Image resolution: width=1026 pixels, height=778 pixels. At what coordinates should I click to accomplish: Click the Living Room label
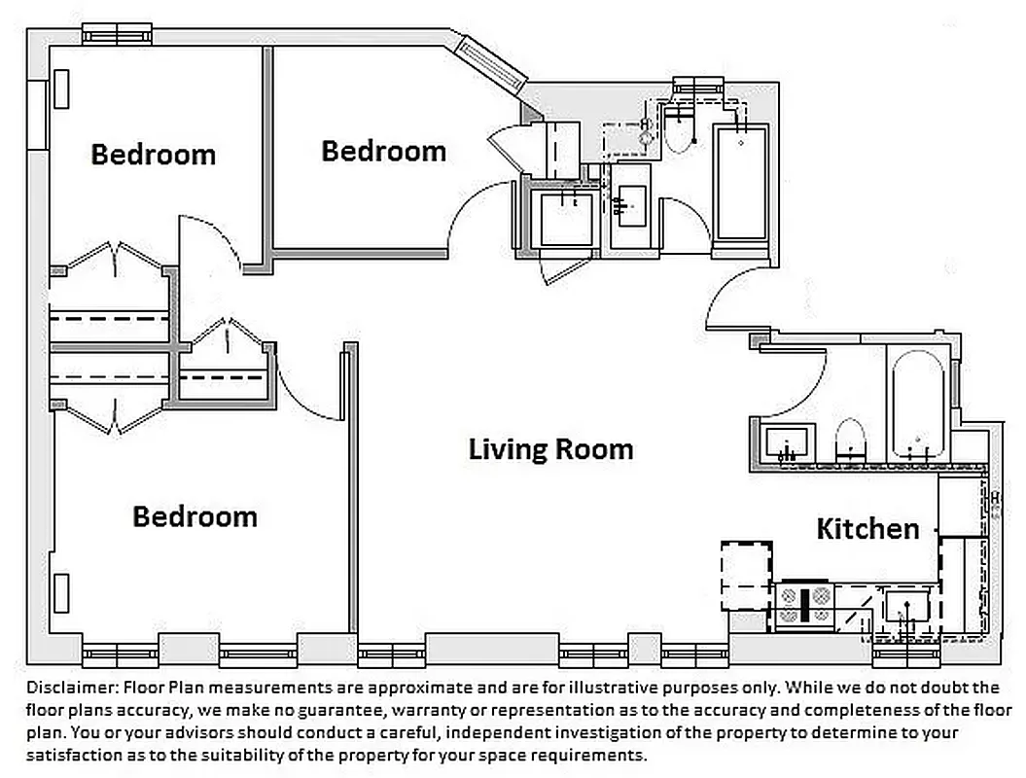550,449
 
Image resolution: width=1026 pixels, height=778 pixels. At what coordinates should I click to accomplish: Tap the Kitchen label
867,528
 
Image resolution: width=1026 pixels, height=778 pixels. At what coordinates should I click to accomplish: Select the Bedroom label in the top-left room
153,155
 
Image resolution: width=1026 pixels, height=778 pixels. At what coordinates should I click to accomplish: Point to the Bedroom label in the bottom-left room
195,515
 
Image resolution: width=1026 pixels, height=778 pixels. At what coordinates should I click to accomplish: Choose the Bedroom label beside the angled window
383,151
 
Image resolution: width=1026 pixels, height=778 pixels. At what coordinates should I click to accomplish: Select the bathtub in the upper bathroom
741,182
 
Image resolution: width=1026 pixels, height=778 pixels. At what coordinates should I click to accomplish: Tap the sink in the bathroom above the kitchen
784,444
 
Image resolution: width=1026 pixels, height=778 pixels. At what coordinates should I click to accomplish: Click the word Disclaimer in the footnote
66,688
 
